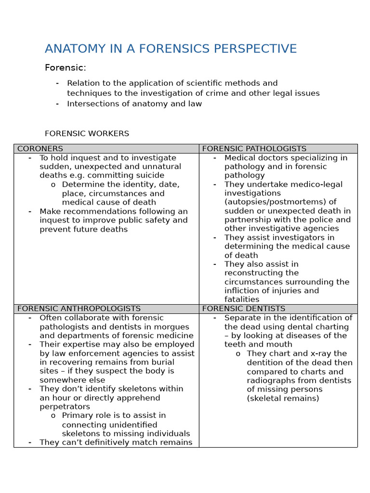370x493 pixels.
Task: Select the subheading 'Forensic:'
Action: [x=65, y=68]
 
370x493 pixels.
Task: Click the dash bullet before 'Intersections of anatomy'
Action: [x=57, y=104]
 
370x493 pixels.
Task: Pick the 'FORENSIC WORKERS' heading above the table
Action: [x=87, y=133]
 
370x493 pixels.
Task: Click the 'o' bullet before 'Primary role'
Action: [x=53, y=415]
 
